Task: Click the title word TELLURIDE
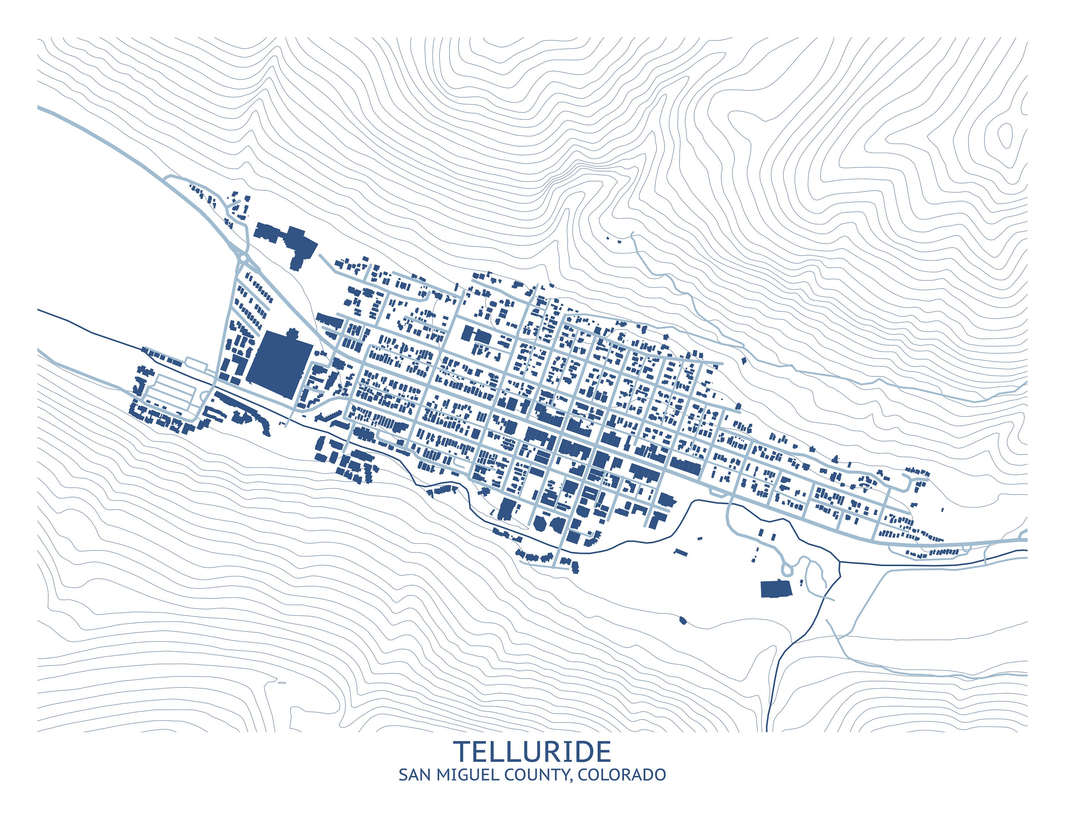532,752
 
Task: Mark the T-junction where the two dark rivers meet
840,562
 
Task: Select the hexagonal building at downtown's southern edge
539,523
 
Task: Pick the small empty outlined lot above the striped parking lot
196,364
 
